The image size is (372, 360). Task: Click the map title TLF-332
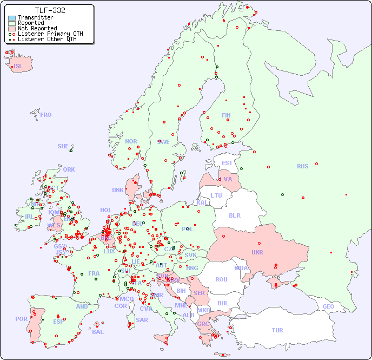click(50, 10)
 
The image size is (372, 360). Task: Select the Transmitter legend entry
click(35, 18)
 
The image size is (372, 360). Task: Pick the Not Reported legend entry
click(37, 28)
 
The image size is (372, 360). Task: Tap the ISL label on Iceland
click(18, 67)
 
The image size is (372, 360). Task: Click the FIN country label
click(226, 115)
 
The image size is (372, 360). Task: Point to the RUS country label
click(302, 166)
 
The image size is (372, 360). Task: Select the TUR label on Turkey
click(277, 330)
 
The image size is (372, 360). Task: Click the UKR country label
click(257, 252)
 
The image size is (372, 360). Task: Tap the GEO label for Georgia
click(328, 306)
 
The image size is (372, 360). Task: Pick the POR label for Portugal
click(21, 319)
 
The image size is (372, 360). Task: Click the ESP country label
click(58, 322)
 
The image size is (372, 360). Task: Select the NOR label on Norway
click(131, 141)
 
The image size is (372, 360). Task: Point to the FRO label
click(45, 115)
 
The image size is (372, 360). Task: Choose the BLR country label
click(235, 215)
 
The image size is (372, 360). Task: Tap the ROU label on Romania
click(221, 279)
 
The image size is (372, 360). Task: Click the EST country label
click(227, 163)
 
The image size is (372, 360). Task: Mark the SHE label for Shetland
click(63, 146)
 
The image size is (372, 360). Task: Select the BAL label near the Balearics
click(97, 332)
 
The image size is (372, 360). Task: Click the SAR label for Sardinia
click(142, 319)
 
